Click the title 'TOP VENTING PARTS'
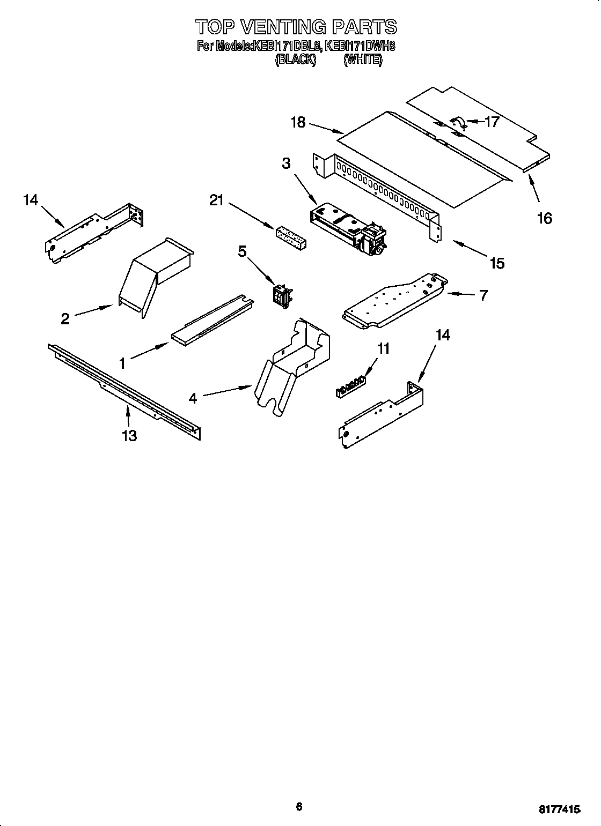tap(296, 27)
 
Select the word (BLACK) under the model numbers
tap(295, 60)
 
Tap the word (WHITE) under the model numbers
tap(363, 60)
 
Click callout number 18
tap(298, 123)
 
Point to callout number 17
tap(492, 122)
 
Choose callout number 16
tap(544, 218)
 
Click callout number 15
tap(497, 263)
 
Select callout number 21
tap(217, 200)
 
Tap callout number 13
tap(129, 436)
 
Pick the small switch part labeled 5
tap(281, 296)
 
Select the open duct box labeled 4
tap(292, 364)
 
